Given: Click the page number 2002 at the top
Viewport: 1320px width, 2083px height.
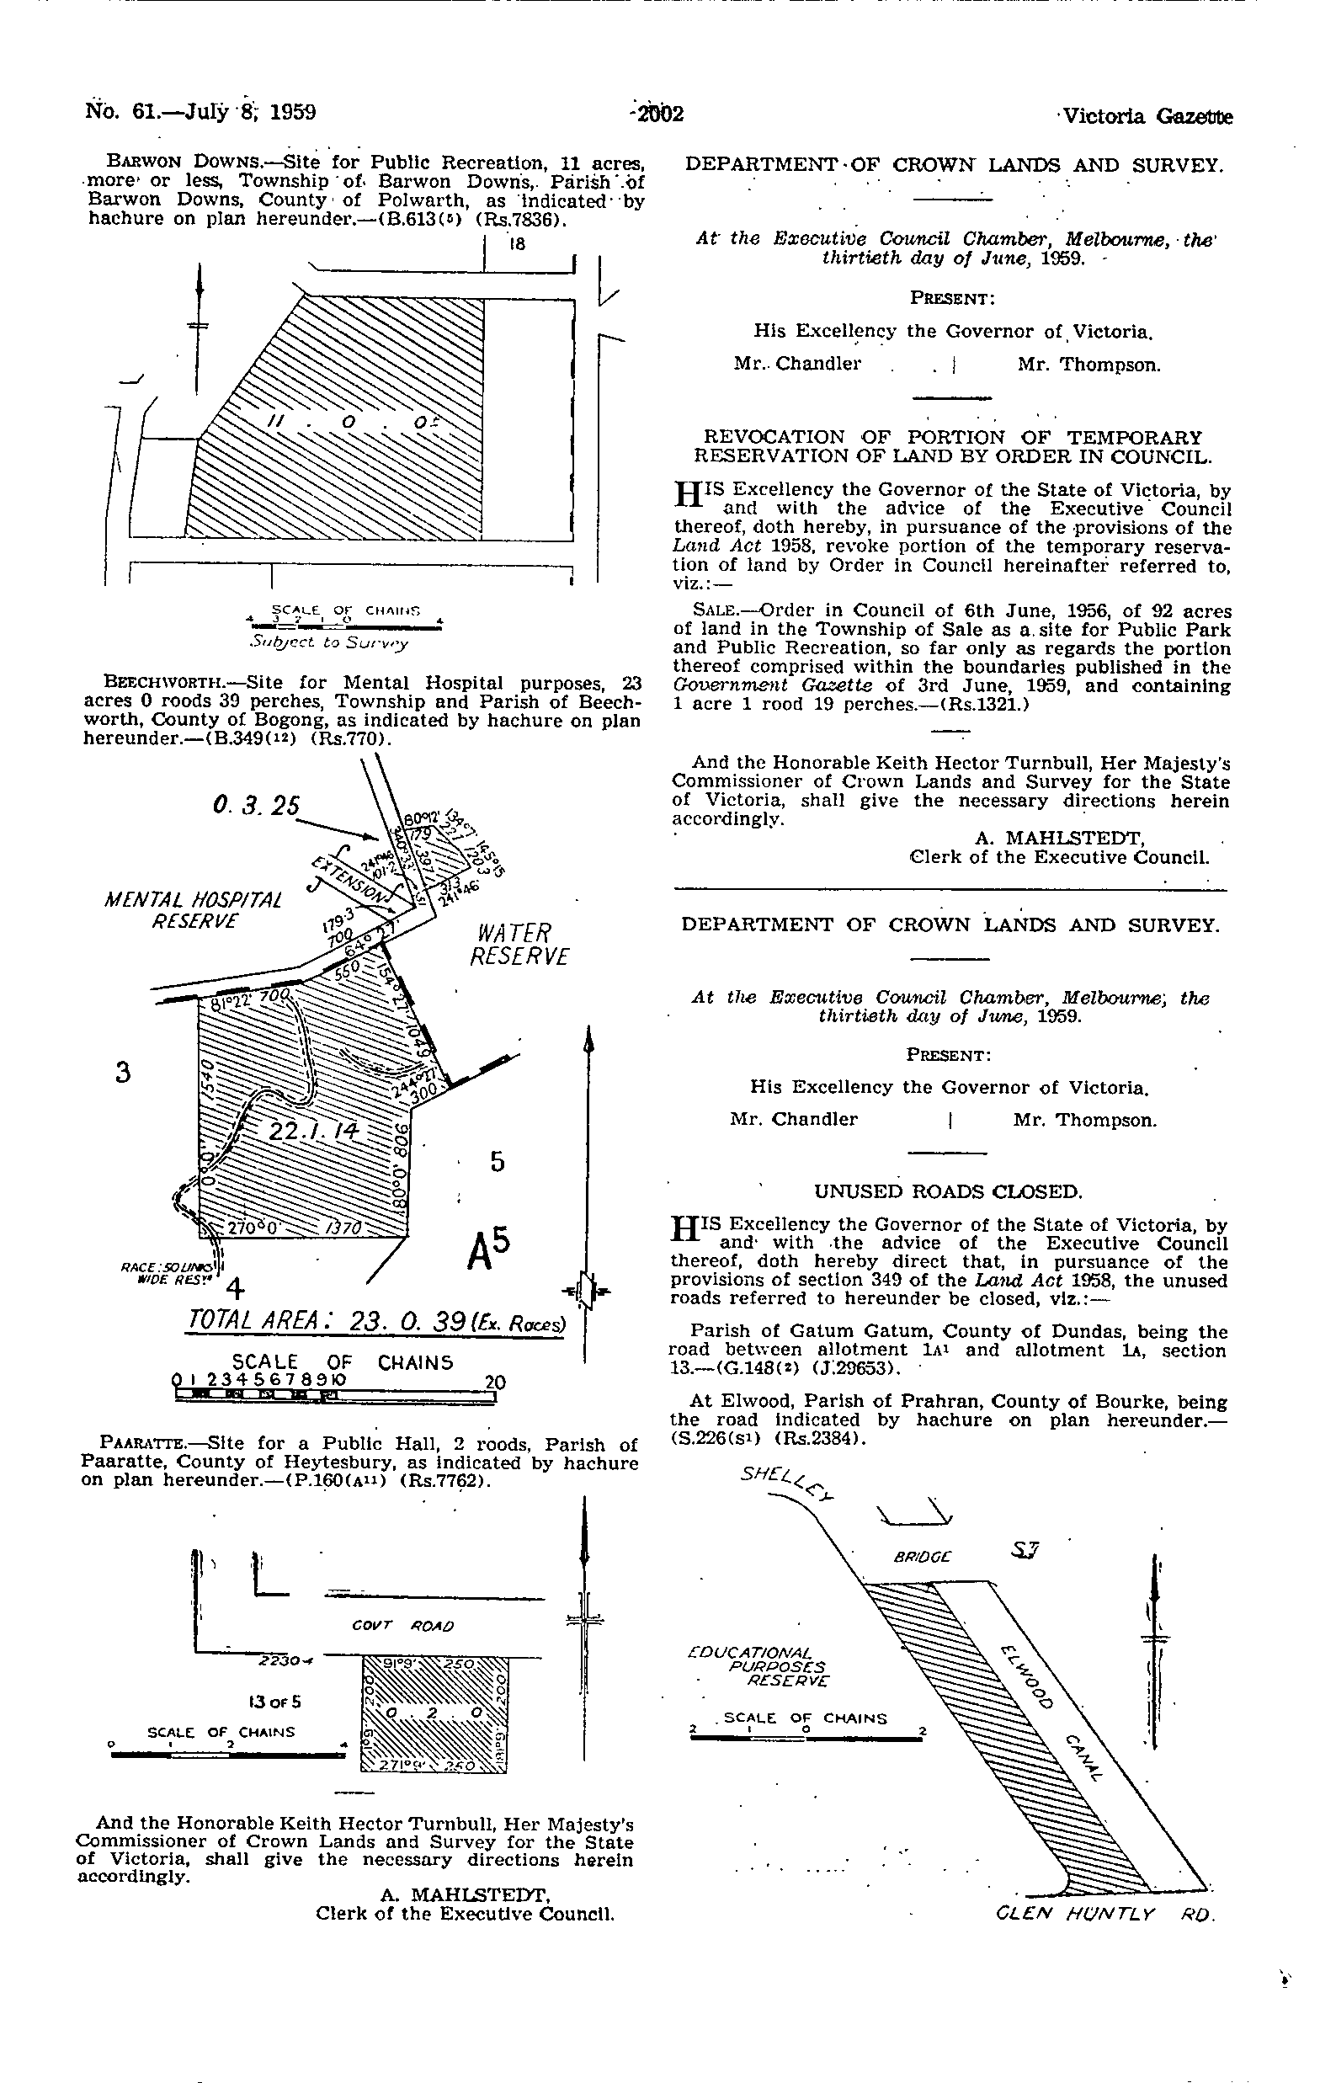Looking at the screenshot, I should (x=659, y=115).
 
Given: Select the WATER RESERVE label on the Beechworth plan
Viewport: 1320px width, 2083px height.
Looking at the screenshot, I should (x=520, y=945).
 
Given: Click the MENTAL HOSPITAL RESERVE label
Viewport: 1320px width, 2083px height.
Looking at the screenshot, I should (x=193, y=910).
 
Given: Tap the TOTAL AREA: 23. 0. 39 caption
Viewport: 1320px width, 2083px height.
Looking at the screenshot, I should (x=376, y=1322).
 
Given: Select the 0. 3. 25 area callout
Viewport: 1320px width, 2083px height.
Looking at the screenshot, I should (x=256, y=806).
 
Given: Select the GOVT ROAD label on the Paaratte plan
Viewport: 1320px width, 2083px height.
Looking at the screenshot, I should (x=403, y=1626).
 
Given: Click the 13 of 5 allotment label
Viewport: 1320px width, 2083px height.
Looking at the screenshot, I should (x=274, y=1702).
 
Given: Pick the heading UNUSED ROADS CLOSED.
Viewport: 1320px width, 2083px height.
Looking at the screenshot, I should (x=948, y=1192).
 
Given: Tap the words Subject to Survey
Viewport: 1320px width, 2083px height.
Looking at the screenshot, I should (x=327, y=642).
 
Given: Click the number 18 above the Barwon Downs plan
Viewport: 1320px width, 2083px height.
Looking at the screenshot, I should (x=517, y=244).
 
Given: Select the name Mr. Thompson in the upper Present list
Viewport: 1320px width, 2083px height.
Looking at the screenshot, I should (x=1088, y=365).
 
